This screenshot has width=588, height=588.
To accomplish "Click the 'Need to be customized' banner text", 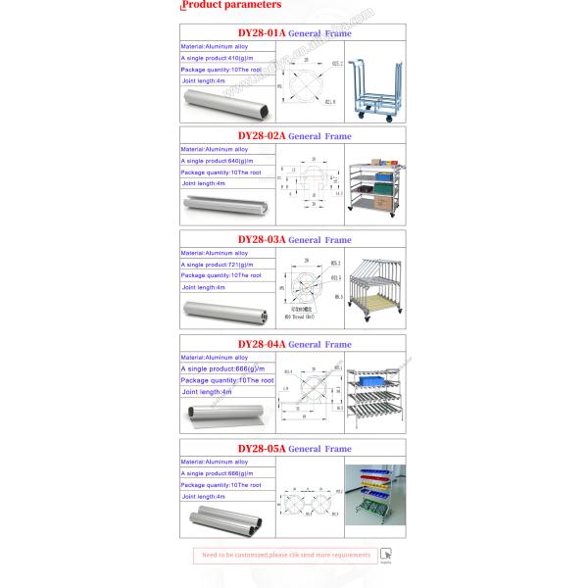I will click(286, 556).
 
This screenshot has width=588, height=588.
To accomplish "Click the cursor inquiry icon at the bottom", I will click(386, 555).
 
